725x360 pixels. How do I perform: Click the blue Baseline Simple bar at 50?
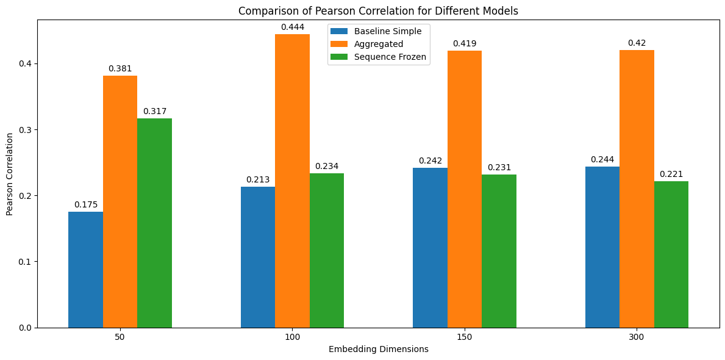click(85, 270)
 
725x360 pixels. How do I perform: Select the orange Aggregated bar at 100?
click(292, 181)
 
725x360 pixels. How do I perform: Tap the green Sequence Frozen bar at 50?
click(154, 223)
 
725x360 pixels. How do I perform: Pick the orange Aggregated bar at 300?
click(637, 189)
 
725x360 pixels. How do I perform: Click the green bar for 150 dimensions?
click(499, 251)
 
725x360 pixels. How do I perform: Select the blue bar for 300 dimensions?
click(602, 247)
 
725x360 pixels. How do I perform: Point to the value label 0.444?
click(292, 27)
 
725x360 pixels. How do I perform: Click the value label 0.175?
click(85, 205)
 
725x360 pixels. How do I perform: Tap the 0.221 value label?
click(671, 175)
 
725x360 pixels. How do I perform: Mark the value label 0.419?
click(464, 44)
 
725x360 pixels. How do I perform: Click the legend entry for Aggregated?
click(379, 44)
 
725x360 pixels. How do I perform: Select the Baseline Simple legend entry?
click(387, 31)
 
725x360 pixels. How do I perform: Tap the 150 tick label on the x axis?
click(464, 337)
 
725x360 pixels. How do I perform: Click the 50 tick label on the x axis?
click(120, 337)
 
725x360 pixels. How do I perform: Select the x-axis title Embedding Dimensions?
click(378, 350)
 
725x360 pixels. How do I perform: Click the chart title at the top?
click(378, 11)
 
